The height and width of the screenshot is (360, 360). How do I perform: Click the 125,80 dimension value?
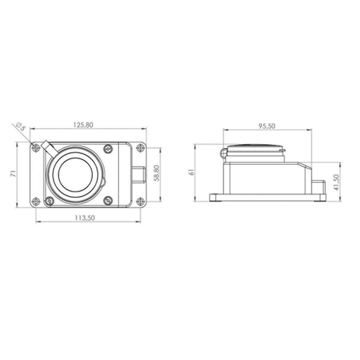(x=83, y=125)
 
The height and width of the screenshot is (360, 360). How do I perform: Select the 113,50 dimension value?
(x=85, y=217)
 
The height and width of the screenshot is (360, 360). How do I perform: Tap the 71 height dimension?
(x=13, y=174)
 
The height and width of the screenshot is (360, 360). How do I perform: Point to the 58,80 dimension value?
(x=156, y=173)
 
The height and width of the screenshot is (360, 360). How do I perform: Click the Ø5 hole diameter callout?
(x=21, y=127)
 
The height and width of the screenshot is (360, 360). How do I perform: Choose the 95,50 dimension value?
(x=267, y=126)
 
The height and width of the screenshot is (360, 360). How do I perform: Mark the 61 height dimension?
(x=192, y=172)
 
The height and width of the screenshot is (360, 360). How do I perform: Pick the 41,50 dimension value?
(x=337, y=182)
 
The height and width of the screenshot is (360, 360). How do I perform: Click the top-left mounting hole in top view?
(x=36, y=148)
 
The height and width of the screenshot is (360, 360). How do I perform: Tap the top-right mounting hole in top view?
(x=140, y=148)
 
